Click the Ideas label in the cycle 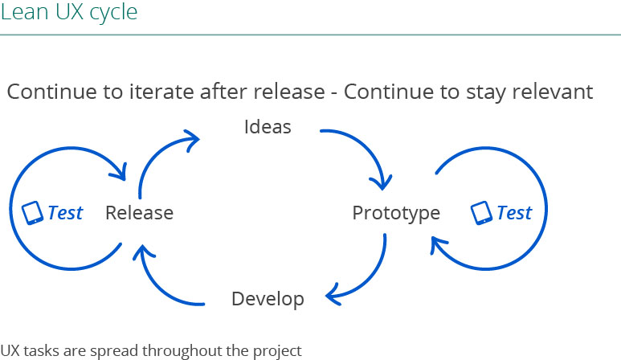268,127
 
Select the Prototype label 396,214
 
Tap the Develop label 268,300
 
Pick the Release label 140,213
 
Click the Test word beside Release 65,213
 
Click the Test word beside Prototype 514,213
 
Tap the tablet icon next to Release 32,213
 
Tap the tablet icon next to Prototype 481,213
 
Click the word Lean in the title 24,12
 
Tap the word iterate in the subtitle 162,92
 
